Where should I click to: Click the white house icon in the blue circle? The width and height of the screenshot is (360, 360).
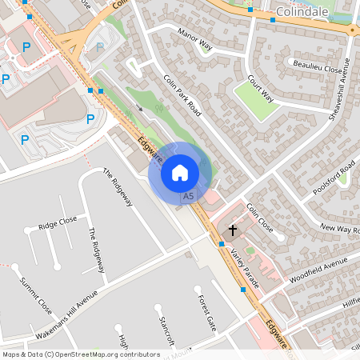180,172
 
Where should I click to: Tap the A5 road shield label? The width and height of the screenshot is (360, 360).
188,196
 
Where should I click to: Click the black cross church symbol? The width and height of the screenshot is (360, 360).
233,230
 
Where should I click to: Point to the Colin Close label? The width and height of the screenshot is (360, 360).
260,218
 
